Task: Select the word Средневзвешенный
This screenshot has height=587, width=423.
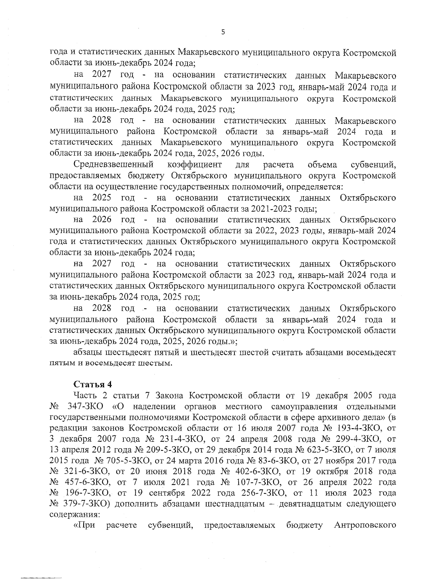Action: click(x=114, y=164)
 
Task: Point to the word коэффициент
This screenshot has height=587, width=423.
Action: click(x=195, y=164)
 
